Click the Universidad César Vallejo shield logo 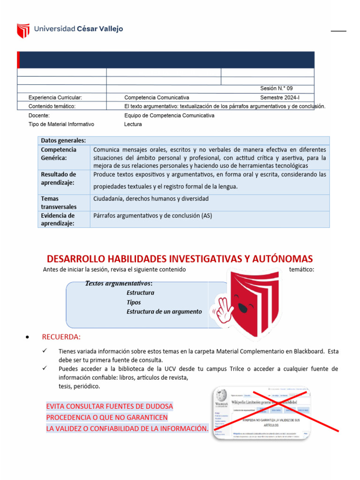tap(23, 30)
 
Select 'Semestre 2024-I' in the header tap(279, 97)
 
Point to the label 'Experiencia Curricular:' tap(55, 97)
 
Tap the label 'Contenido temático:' tap(52, 106)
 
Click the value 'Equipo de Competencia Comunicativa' tap(169, 115)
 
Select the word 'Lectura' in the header tap(133, 124)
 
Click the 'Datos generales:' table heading tap(63, 141)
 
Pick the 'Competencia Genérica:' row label tap(59, 154)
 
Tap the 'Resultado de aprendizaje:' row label tap(59, 179)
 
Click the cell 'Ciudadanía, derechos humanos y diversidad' tap(151, 199)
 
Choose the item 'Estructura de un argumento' tap(164, 312)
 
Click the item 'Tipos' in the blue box tap(134, 302)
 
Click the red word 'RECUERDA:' tap(61, 337)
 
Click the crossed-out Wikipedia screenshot tap(262, 412)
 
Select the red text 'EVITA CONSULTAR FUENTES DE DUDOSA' tap(110, 406)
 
